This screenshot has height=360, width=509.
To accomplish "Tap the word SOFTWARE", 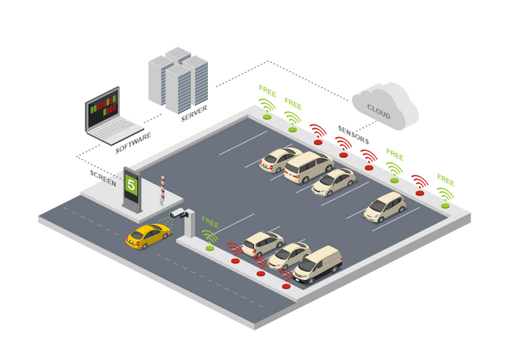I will (133, 142).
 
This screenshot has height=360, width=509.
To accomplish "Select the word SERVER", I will (193, 114).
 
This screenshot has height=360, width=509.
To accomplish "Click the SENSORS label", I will (353, 136).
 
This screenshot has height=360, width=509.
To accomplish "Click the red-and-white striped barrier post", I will (162, 190).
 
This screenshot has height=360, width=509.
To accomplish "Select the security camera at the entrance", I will (178, 214).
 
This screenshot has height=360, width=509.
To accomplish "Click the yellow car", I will (147, 236).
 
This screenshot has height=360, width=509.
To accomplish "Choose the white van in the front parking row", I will (318, 264).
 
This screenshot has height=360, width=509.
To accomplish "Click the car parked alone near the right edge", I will (385, 206).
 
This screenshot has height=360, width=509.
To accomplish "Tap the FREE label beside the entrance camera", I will (210, 224).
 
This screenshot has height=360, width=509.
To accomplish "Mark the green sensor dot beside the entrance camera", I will (209, 248).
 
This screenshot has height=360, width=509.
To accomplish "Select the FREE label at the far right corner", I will (445, 181).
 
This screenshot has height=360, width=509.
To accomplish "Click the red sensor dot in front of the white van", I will (286, 286).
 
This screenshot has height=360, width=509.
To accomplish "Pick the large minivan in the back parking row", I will (307, 167).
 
